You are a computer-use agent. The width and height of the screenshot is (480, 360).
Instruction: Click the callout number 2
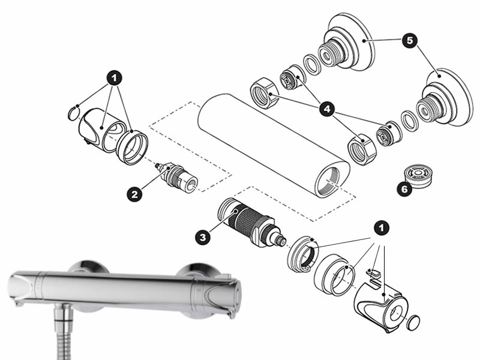134,193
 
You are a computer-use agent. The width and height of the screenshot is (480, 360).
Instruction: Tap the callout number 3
204,237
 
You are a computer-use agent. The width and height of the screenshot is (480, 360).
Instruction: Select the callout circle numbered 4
327,109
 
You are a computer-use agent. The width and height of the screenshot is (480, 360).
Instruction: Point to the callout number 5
409,41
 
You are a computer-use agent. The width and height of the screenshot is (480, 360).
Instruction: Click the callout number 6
404,189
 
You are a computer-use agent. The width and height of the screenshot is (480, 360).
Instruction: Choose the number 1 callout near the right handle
380,228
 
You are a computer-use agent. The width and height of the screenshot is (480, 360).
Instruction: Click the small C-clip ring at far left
73,110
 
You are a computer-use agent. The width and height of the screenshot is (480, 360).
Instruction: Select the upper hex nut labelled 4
262,93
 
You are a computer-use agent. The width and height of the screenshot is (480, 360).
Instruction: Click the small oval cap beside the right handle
413,323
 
